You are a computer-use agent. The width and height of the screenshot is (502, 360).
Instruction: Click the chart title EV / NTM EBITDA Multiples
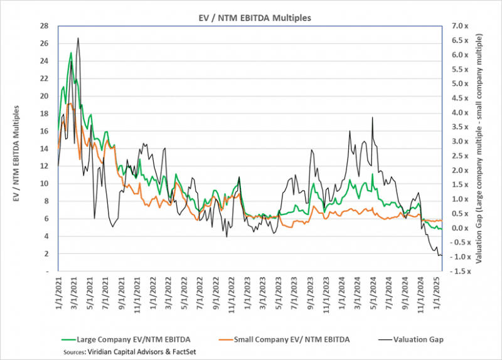point(250,18)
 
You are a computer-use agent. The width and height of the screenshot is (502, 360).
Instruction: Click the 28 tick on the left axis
point(43,26)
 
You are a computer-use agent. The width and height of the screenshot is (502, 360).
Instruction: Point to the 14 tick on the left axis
point(43,149)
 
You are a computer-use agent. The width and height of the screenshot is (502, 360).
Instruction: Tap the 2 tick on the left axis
point(45,254)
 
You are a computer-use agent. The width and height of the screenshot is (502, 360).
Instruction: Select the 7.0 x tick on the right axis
point(460,26)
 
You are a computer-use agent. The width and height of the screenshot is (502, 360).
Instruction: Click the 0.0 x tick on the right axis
point(460,228)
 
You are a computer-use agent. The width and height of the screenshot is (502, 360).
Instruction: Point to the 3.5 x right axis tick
point(460,127)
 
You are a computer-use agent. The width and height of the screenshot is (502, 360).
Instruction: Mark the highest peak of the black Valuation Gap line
point(77,38)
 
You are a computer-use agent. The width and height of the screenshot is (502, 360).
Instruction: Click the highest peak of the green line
point(71,53)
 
